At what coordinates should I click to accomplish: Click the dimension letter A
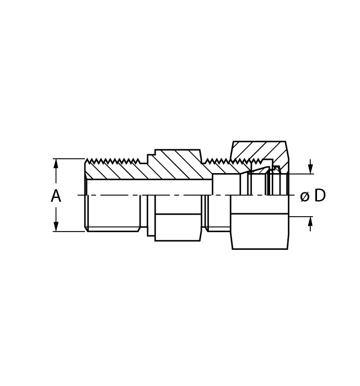(56, 196)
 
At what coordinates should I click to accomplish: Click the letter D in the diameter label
(320, 196)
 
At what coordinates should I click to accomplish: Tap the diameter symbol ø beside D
(304, 196)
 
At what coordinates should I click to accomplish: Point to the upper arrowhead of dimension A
(56, 164)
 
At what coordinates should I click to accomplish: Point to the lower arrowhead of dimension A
(56, 226)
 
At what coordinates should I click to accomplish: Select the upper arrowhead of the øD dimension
(310, 169)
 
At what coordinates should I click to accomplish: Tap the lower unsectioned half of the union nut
(259, 232)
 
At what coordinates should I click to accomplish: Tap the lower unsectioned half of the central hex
(178, 227)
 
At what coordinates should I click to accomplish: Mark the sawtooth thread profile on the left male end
(113, 162)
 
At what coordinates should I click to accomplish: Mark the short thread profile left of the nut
(218, 162)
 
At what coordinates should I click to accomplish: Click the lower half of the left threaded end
(113, 215)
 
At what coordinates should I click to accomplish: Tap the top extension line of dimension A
(69, 159)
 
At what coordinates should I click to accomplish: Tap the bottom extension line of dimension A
(69, 232)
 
